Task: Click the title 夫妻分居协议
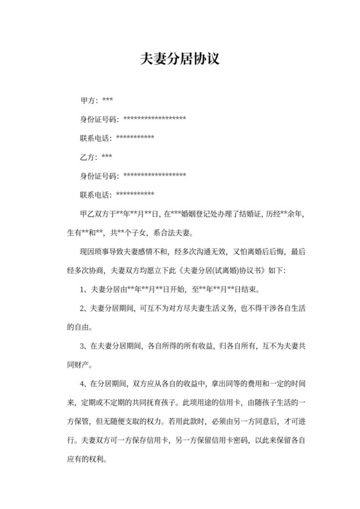pyautogui.click(x=180, y=60)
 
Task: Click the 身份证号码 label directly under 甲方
pyautogui.click(x=98, y=120)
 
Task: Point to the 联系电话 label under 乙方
pyautogui.click(x=95, y=194)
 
